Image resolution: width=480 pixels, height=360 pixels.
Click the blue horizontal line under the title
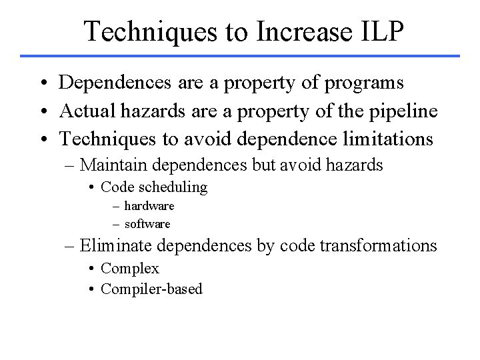click(240, 55)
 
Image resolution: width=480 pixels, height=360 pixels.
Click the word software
click(147, 223)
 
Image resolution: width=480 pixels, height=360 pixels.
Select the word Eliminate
click(117, 246)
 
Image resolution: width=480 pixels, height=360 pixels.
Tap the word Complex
click(130, 269)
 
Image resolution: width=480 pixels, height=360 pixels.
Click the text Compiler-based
click(151, 289)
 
